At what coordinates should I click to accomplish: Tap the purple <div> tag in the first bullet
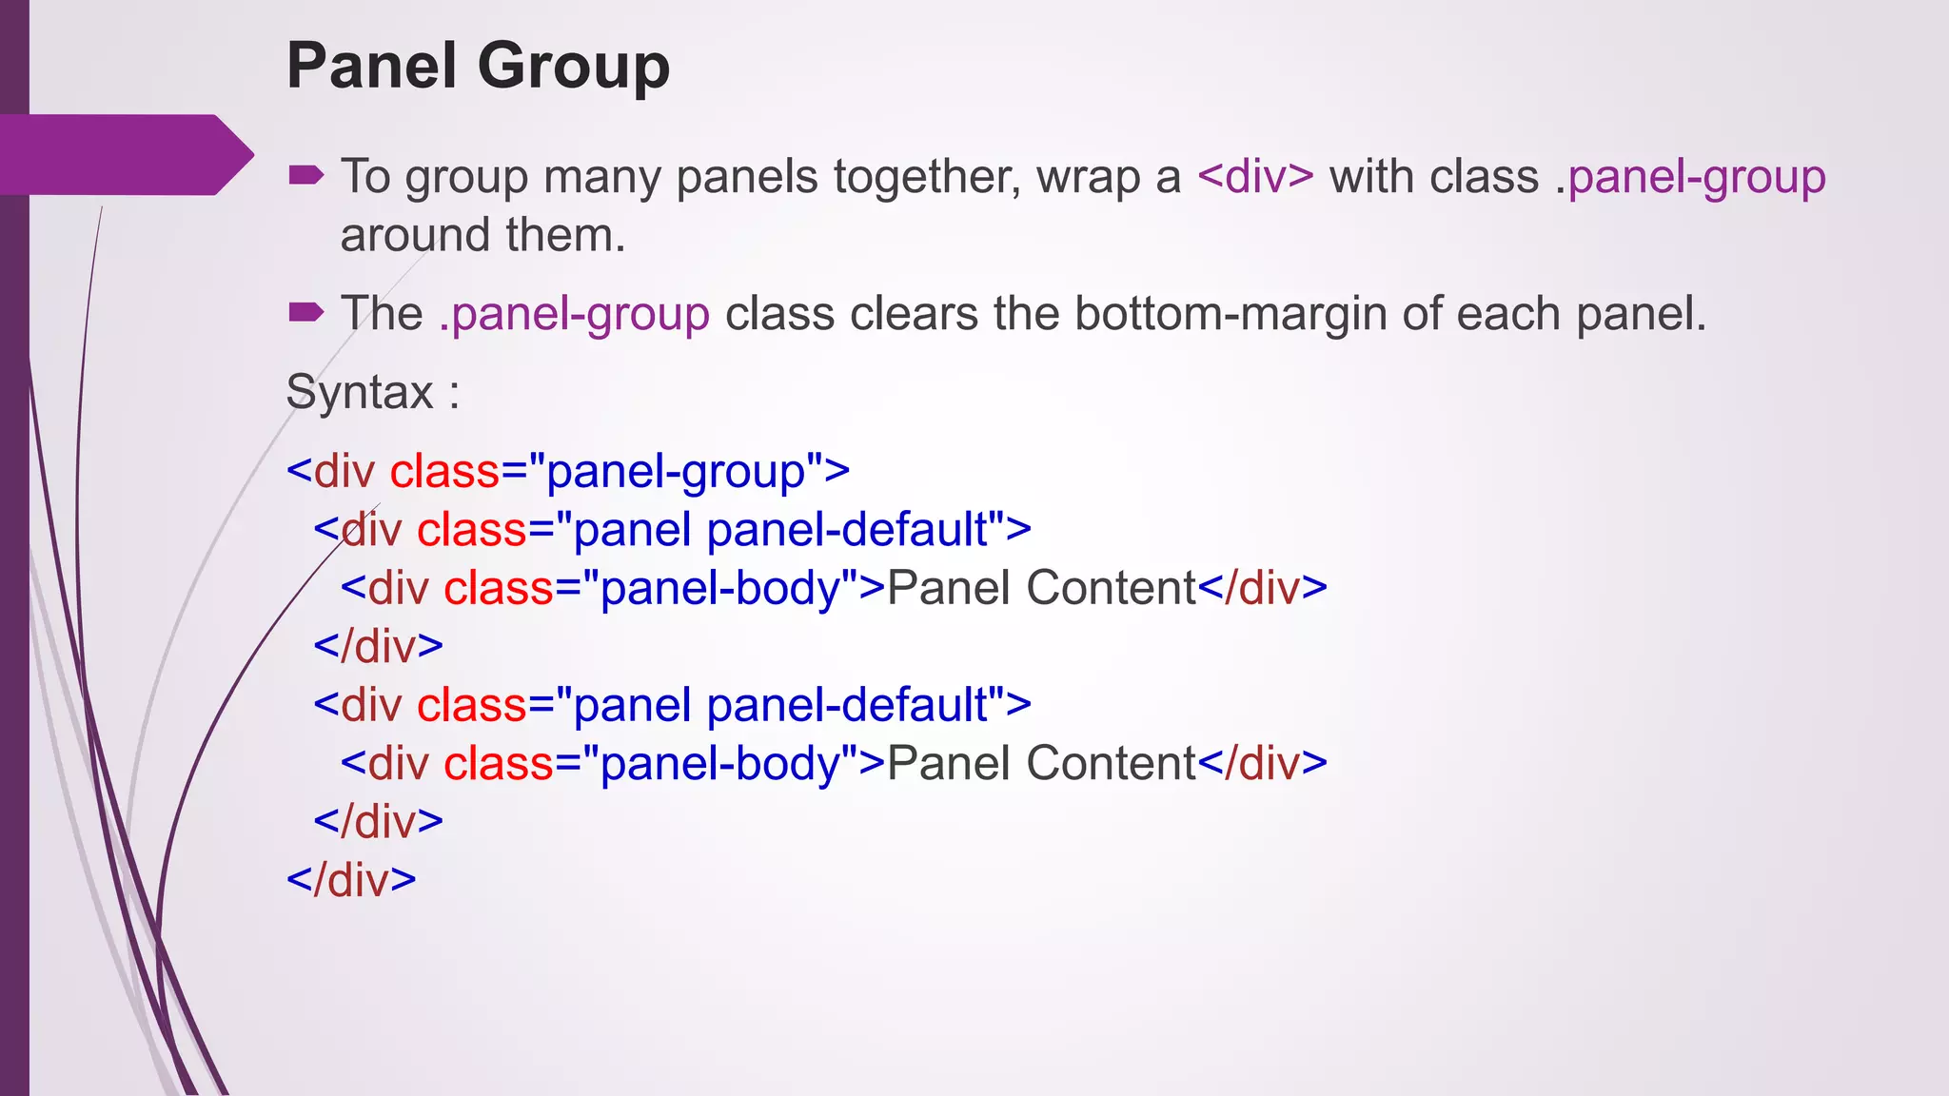click(1255, 177)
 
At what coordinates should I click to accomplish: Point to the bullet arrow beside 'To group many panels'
click(305, 175)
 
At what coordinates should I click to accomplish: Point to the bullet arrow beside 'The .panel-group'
click(305, 312)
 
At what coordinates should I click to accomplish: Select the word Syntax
click(359, 392)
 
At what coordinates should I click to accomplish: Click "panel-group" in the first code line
click(676, 472)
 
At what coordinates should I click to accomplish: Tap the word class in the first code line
click(445, 472)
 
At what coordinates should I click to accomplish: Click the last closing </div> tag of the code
click(351, 880)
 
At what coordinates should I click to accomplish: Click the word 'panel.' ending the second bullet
click(1641, 314)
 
